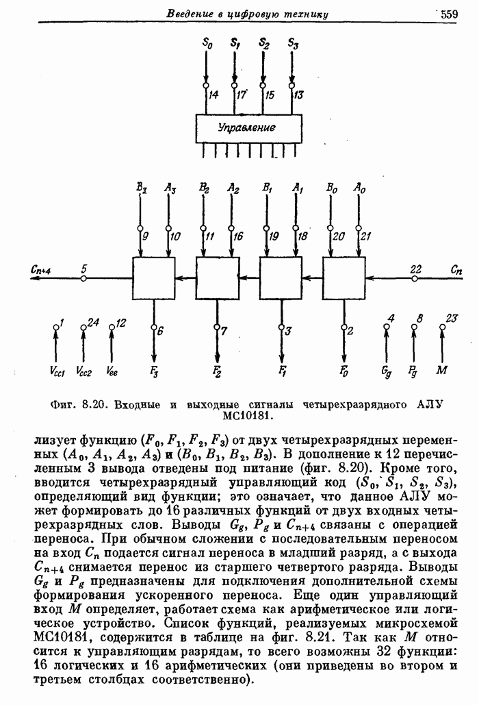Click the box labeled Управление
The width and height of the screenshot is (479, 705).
(248, 128)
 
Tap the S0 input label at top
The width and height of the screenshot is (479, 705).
(207, 42)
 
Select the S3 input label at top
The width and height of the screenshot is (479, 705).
(293, 42)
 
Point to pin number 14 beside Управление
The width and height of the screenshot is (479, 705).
(214, 95)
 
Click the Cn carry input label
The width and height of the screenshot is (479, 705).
(455, 270)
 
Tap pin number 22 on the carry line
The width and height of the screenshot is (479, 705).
(415, 269)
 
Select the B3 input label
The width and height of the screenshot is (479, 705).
(141, 187)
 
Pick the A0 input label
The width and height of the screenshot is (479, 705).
(359, 187)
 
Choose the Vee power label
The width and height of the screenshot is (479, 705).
(112, 371)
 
